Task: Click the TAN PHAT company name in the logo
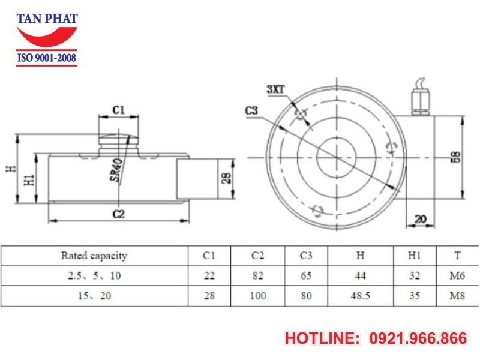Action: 47,19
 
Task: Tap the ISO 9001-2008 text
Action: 47,59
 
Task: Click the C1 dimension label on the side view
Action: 118,110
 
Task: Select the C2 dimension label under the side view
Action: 118,214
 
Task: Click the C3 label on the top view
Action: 252,110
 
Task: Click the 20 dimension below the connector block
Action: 421,220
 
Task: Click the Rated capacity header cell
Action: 94,256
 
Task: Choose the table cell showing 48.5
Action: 361,296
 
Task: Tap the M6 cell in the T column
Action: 457,276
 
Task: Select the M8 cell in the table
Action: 457,296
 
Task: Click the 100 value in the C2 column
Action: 258,296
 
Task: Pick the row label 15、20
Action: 94,296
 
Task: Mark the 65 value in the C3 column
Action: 306,276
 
